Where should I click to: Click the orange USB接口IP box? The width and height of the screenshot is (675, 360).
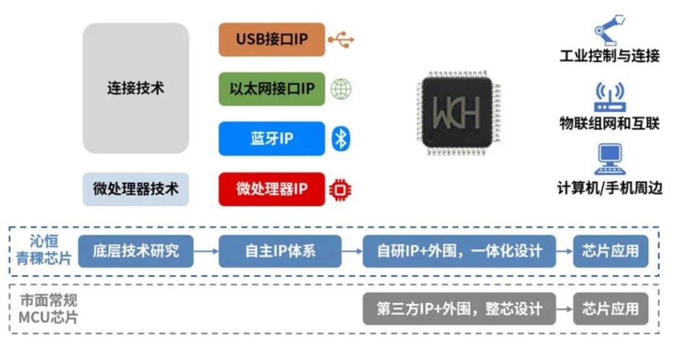click(x=272, y=39)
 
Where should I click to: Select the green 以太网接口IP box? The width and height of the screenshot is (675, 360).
click(x=272, y=89)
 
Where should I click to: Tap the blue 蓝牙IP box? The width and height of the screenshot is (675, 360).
click(x=272, y=138)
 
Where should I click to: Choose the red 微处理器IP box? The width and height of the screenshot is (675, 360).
click(x=272, y=189)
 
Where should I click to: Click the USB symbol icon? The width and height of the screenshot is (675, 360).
click(x=341, y=40)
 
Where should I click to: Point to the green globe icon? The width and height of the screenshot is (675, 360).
click(x=341, y=89)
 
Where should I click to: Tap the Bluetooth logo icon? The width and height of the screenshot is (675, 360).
click(x=341, y=139)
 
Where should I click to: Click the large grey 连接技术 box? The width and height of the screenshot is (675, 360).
click(x=136, y=88)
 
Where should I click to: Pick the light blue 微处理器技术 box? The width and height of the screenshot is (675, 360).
click(x=136, y=189)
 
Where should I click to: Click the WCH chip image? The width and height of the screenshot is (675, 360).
click(x=456, y=112)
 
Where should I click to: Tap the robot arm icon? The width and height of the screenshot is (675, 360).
click(x=609, y=31)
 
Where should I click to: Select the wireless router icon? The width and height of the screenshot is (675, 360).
click(x=609, y=96)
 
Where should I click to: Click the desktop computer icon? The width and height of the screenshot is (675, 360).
click(x=609, y=160)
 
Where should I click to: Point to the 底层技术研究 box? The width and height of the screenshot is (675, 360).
click(x=136, y=251)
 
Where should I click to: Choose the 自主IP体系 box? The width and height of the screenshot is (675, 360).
click(x=280, y=251)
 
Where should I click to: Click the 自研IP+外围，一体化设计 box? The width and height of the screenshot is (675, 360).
click(x=459, y=251)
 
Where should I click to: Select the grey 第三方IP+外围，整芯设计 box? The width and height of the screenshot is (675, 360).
click(x=459, y=309)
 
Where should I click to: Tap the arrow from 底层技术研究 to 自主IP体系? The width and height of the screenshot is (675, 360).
click(x=206, y=251)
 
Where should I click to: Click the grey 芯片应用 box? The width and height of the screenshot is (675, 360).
click(x=611, y=309)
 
